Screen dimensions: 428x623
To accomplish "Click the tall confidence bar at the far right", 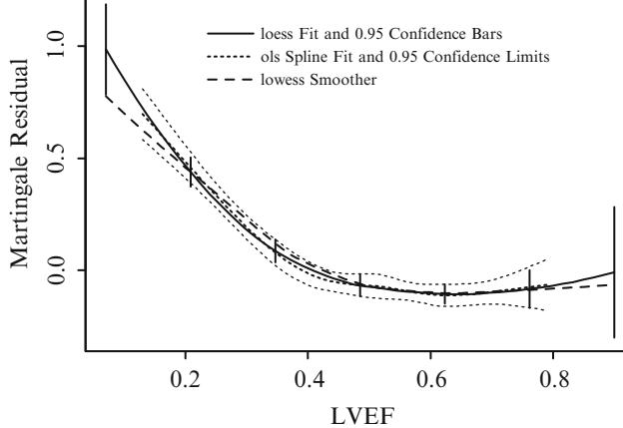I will click(x=614, y=271).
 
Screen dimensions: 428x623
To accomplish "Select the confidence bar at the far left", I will click(x=106, y=50).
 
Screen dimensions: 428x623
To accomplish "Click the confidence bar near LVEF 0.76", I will click(x=529, y=289).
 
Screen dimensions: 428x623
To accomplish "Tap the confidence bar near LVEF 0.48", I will click(x=360, y=284).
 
